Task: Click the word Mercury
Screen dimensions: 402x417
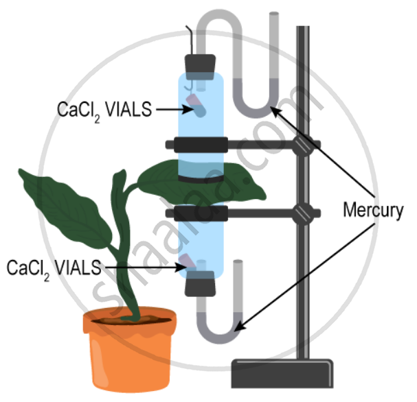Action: pos(372,211)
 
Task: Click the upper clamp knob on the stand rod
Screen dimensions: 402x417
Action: pos(301,145)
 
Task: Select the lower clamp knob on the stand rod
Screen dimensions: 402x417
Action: pos(301,214)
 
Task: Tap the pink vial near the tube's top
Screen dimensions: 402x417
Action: pos(195,107)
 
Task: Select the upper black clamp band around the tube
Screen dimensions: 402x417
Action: pos(200,145)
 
